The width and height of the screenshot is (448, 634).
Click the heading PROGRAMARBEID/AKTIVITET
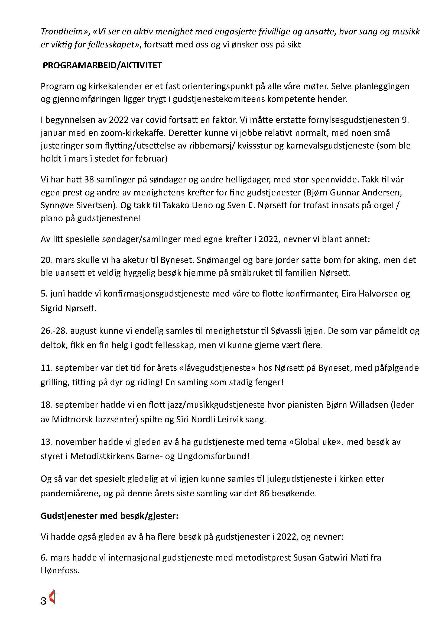point(102,65)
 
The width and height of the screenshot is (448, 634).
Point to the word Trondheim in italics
point(63,32)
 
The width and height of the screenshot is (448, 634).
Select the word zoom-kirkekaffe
point(134,133)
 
